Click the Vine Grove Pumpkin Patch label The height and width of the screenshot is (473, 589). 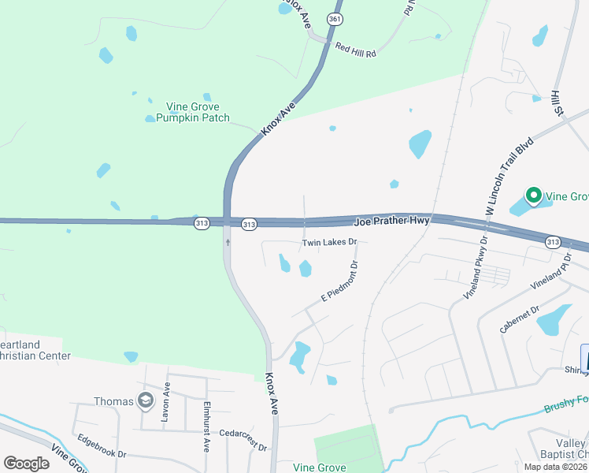193,112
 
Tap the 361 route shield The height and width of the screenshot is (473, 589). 335,19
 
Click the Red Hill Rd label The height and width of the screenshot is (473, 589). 356,50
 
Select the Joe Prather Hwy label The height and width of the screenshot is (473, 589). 391,222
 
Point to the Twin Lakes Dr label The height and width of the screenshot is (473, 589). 329,243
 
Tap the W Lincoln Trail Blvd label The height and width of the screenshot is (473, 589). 509,175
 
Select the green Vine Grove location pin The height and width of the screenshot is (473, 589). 532,195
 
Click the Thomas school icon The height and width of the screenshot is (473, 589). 144,401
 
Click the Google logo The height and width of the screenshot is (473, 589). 26,464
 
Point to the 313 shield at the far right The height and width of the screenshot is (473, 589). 552,241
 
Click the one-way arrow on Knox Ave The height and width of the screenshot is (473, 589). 228,243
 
